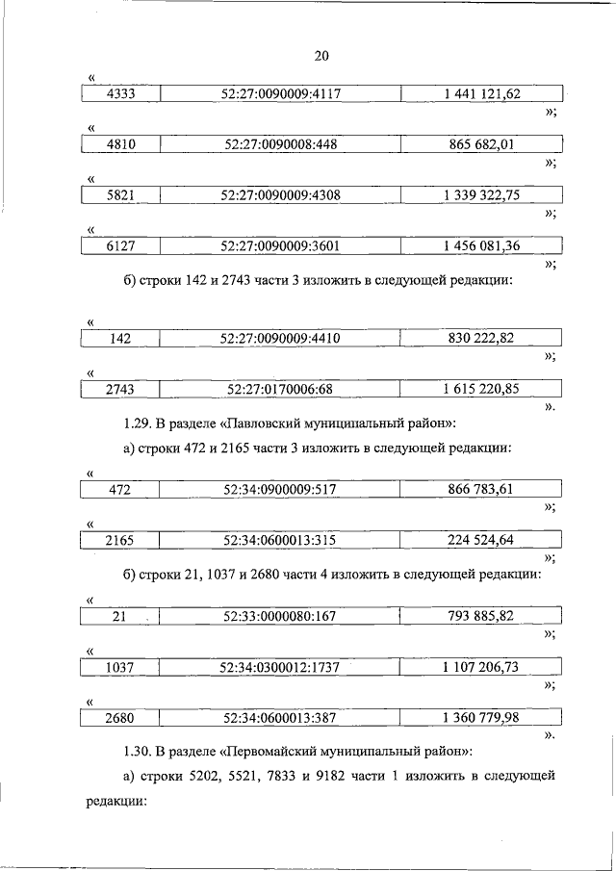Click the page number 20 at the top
pyautogui.click(x=321, y=55)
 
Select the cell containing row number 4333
pyautogui.click(x=121, y=94)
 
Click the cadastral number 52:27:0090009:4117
pyautogui.click(x=281, y=94)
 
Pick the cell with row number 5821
pyautogui.click(x=121, y=195)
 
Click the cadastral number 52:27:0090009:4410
pyautogui.click(x=281, y=338)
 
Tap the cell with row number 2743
pyautogui.click(x=121, y=389)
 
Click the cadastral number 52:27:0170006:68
pyautogui.click(x=281, y=389)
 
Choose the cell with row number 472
pyautogui.click(x=121, y=490)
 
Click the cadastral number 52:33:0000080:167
pyautogui.click(x=281, y=616)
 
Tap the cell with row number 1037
pyautogui.click(x=121, y=666)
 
